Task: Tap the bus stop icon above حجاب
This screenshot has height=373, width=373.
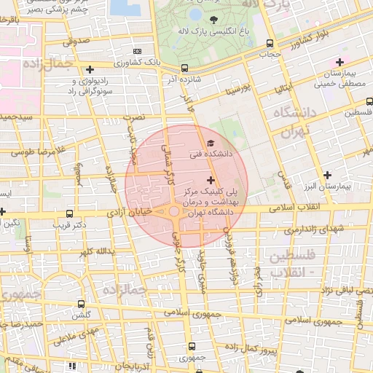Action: pos(270,44)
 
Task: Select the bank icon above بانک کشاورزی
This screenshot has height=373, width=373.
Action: pos(138,51)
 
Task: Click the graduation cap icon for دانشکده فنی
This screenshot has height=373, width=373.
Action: pos(211,143)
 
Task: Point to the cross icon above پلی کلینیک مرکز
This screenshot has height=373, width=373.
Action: pos(211,179)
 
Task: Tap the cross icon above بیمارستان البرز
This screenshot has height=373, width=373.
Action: pos(328,175)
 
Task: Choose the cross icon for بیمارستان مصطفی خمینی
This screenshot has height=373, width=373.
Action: pos(339,63)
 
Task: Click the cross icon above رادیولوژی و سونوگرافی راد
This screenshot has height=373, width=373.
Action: pos(90,70)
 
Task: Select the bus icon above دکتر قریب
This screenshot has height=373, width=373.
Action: pos(69,213)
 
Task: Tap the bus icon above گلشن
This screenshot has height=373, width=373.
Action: pos(81,304)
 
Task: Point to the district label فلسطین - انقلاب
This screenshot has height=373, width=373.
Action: pos(292,264)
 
